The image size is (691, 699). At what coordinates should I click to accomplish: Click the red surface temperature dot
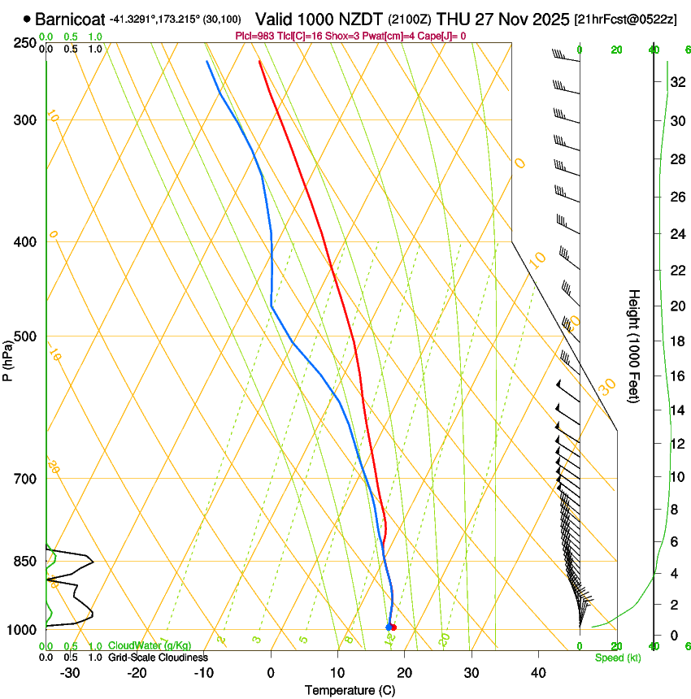click(393, 627)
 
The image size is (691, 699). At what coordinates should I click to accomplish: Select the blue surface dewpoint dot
click(389, 627)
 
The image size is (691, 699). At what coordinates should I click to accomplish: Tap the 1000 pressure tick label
click(24, 630)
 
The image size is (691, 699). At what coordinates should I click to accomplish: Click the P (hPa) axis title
click(7, 358)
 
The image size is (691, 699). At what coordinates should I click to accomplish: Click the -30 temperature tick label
click(70, 672)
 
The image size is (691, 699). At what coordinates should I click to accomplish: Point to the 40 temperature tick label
click(537, 672)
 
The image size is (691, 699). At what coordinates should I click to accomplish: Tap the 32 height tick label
click(676, 81)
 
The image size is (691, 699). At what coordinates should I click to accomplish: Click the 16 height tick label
click(676, 376)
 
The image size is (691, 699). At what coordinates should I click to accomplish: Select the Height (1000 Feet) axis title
click(634, 345)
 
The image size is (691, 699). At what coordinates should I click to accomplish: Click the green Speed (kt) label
click(617, 658)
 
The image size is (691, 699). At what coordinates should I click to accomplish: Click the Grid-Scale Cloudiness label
click(158, 657)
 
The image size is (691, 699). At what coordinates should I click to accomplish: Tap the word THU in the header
click(452, 19)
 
